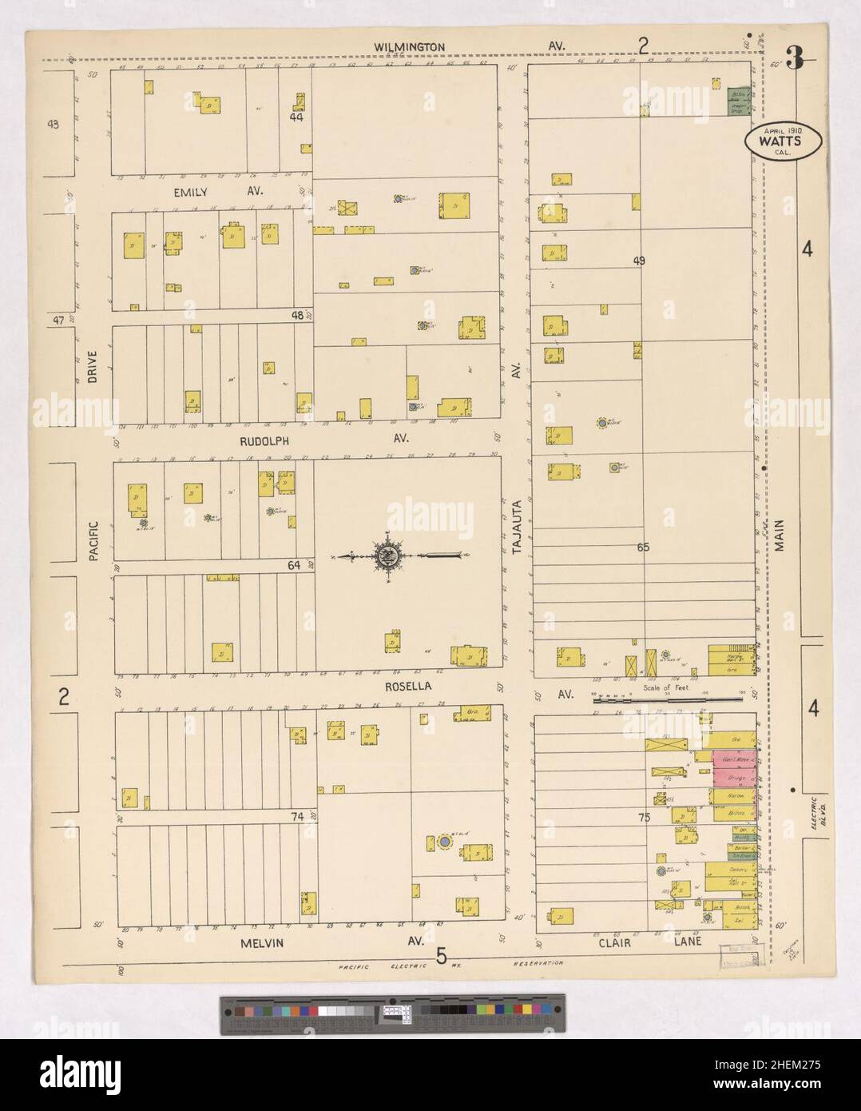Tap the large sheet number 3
793,58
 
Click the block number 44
296,117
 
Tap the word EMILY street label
190,192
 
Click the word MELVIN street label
263,943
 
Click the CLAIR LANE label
648,942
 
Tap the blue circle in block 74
442,842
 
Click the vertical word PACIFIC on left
93,540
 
